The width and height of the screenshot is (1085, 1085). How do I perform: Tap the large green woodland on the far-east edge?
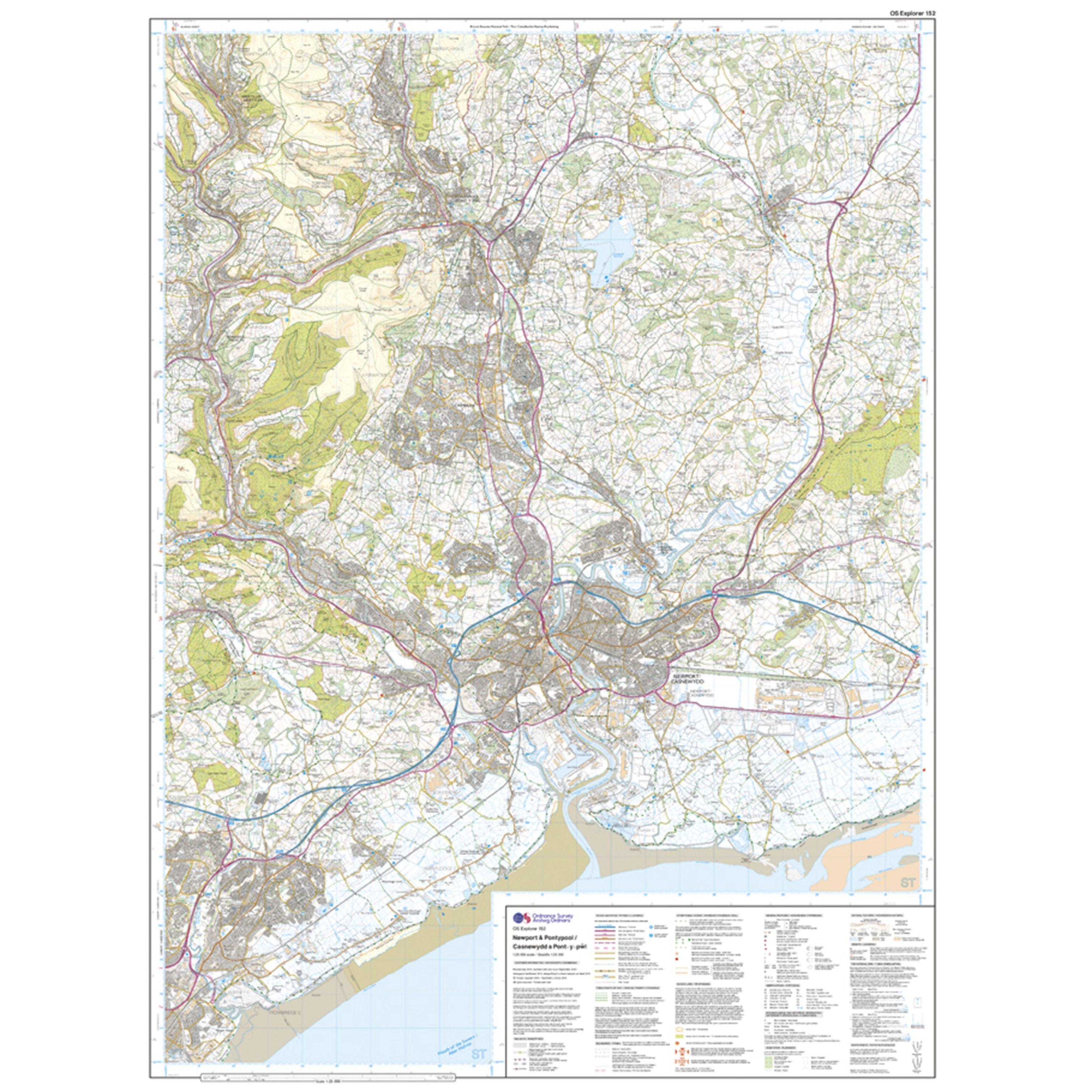click(876, 460)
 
